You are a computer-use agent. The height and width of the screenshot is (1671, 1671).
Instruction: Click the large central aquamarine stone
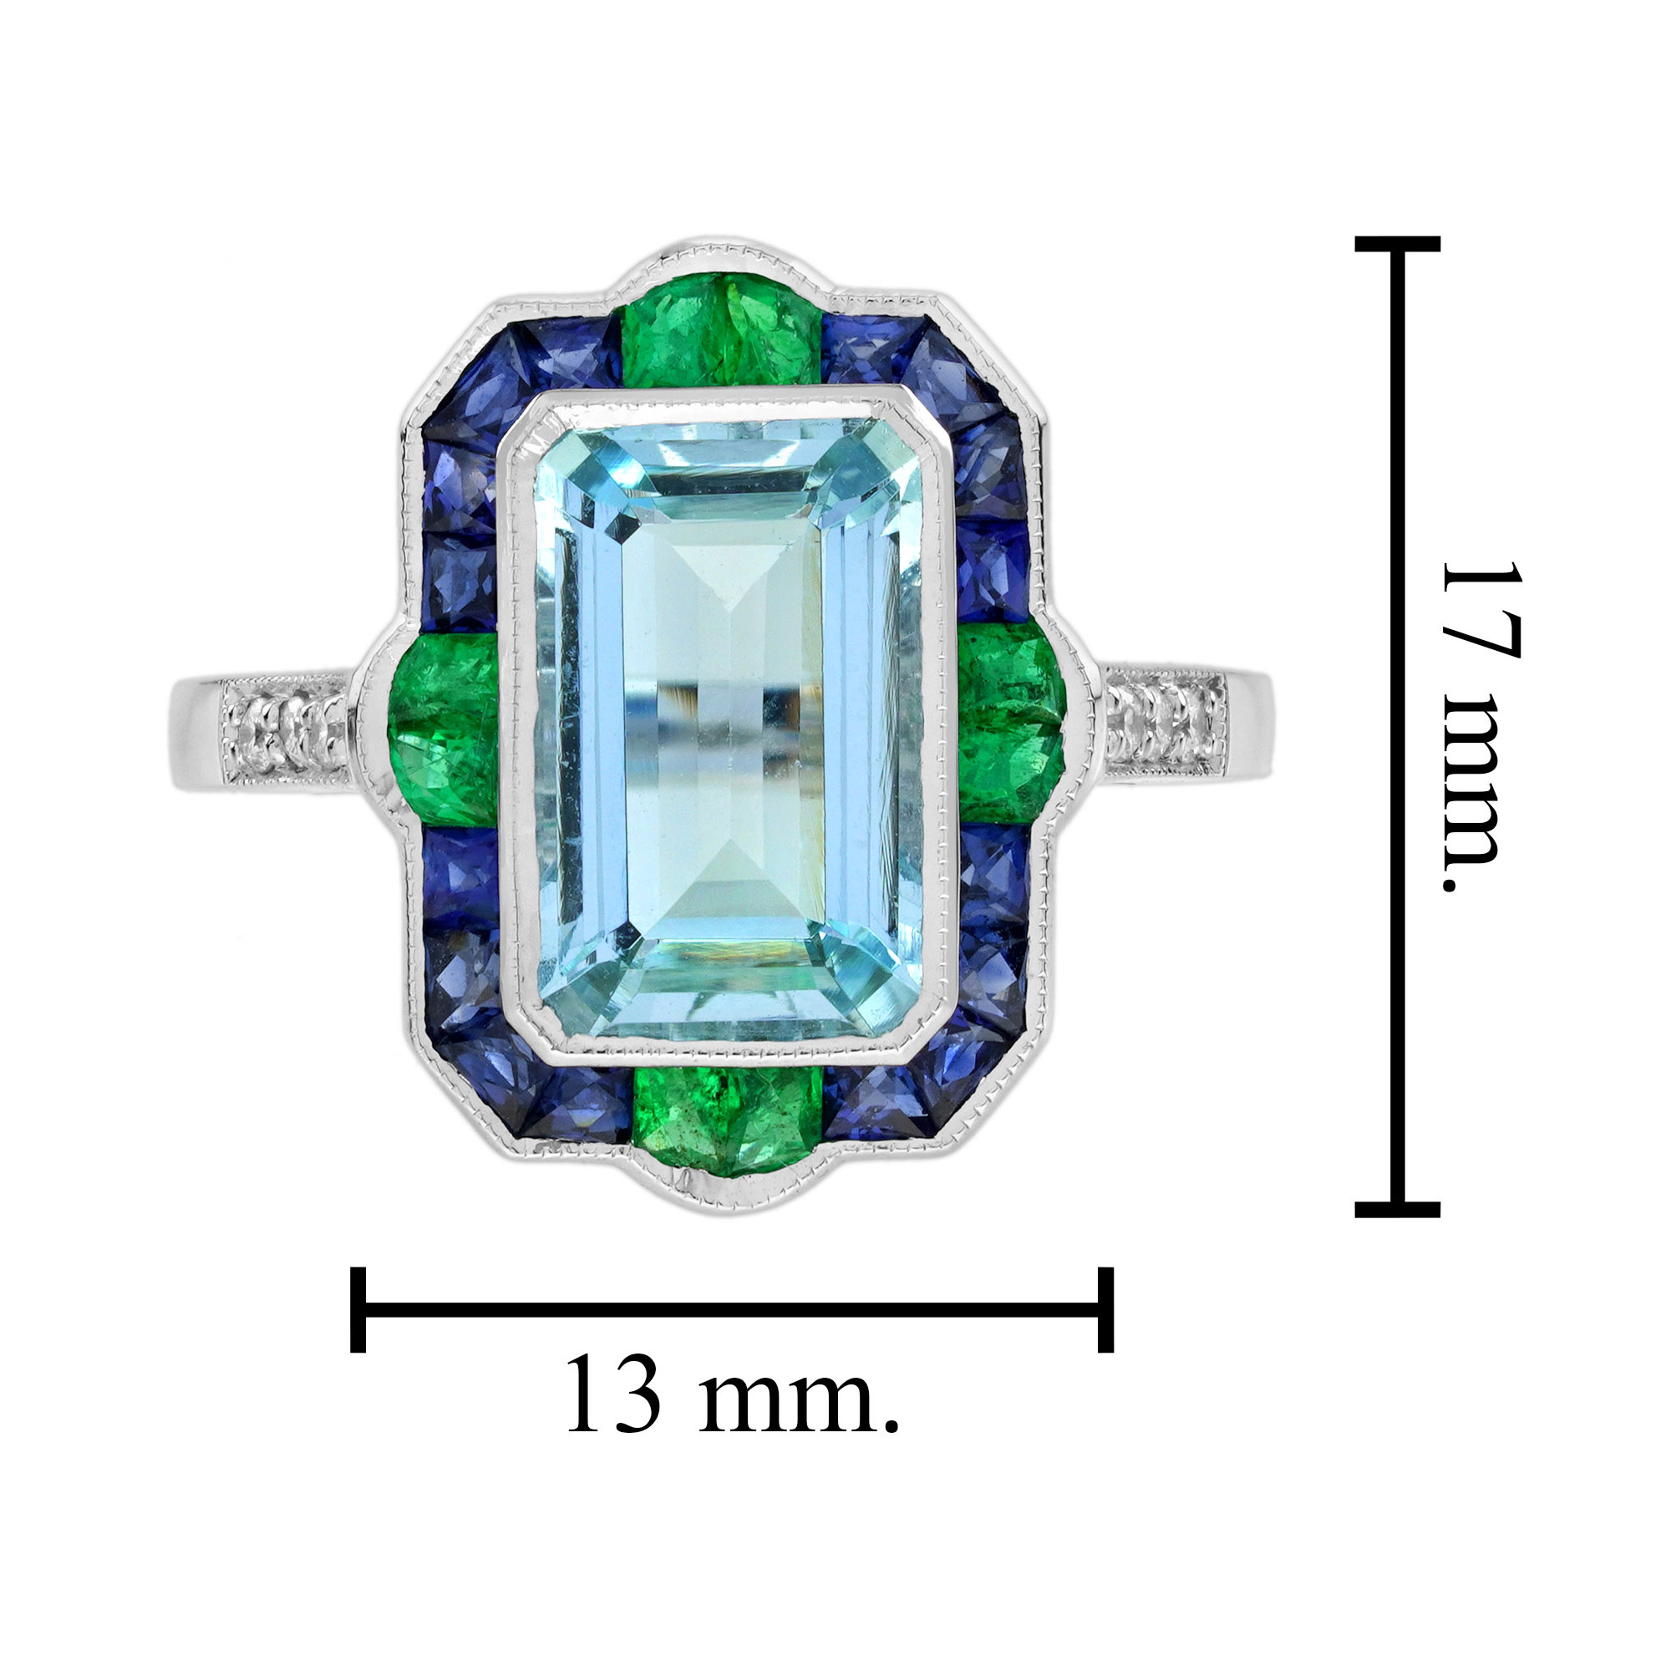click(729, 729)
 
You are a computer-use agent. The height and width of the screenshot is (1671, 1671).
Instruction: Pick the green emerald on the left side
click(443, 729)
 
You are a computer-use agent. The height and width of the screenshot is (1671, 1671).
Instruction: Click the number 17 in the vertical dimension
click(1481, 611)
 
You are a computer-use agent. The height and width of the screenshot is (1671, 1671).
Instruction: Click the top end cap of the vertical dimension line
click(1397, 244)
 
